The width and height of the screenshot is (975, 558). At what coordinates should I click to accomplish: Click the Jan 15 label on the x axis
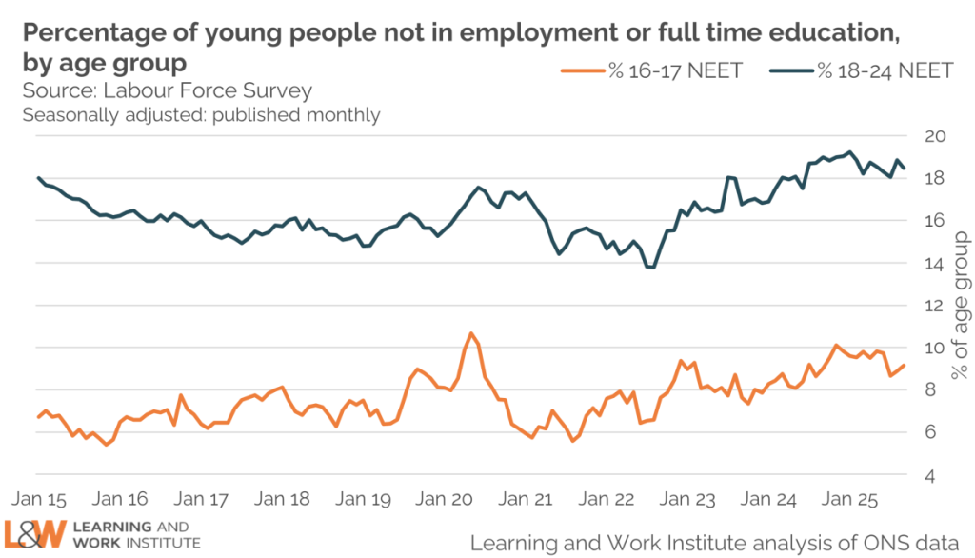pos(40,498)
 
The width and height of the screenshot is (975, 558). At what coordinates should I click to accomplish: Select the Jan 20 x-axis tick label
pos(446,498)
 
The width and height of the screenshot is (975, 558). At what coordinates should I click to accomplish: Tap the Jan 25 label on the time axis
pos(850,498)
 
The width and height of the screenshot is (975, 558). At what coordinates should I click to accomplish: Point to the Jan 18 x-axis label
pos(284,498)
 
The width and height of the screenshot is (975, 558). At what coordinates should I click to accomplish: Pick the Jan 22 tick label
pos(607,498)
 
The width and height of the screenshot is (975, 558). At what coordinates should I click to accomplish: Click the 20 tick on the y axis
pos(935,135)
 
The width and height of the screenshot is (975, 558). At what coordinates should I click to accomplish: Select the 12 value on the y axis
pos(935,305)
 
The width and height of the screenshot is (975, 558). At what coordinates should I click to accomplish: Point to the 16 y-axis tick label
pos(935,220)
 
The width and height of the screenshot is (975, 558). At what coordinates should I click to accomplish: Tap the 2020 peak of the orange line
pos(470,333)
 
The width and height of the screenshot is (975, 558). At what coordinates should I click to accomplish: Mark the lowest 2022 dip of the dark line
pos(651,268)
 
